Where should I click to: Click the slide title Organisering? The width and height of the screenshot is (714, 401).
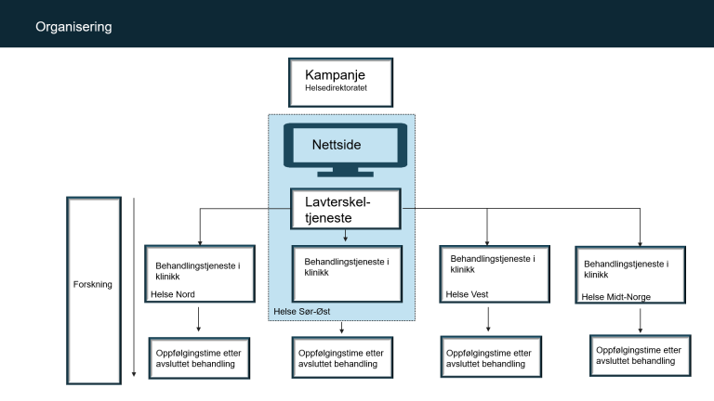point(73,27)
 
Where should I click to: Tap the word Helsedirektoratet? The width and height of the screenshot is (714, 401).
point(327,91)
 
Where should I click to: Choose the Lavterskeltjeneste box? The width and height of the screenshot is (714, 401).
point(346,208)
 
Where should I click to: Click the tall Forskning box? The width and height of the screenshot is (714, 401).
point(93,284)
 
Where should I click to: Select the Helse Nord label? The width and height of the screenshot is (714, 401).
point(173,295)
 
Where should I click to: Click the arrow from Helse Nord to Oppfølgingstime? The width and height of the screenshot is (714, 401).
point(199,320)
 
